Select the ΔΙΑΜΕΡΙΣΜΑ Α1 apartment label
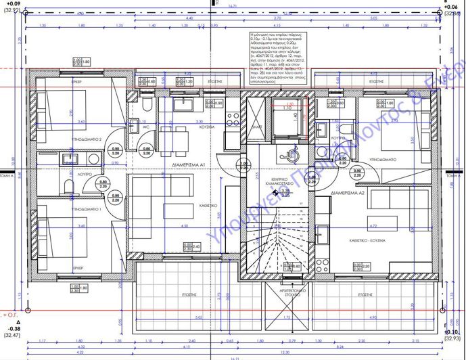click(189, 165)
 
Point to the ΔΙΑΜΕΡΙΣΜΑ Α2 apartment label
click(348, 194)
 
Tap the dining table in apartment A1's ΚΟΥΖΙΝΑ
click(177, 130)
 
